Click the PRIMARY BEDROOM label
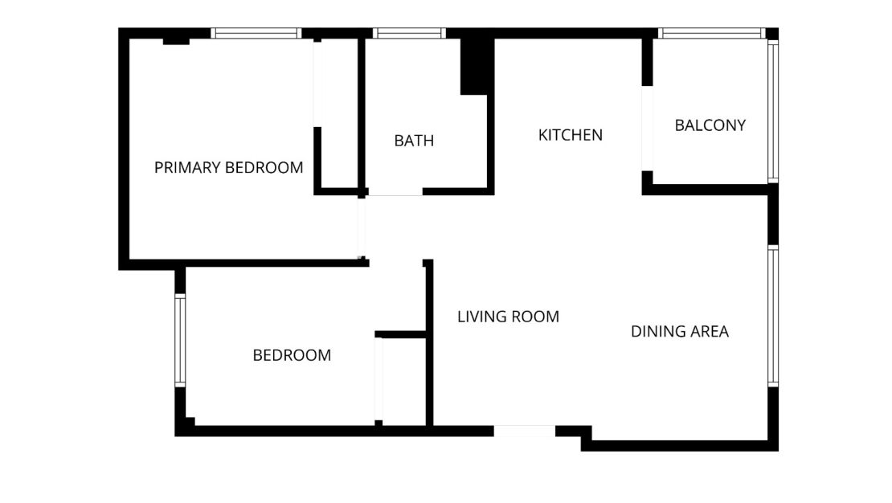point(228,168)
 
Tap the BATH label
point(414,141)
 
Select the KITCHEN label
point(570,135)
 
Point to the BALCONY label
point(710,125)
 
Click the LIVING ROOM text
point(508,317)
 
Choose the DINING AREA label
point(679,331)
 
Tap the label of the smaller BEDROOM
point(292,355)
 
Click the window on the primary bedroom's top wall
point(256,34)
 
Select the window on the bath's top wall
point(409,34)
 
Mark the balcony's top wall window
point(710,34)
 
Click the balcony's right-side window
point(772,111)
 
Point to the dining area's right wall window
point(772,316)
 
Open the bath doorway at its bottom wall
point(395,191)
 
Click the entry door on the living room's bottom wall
point(524,431)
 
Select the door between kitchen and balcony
point(647,129)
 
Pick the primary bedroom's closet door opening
point(317,84)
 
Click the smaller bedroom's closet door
point(379,379)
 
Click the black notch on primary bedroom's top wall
point(176,40)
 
